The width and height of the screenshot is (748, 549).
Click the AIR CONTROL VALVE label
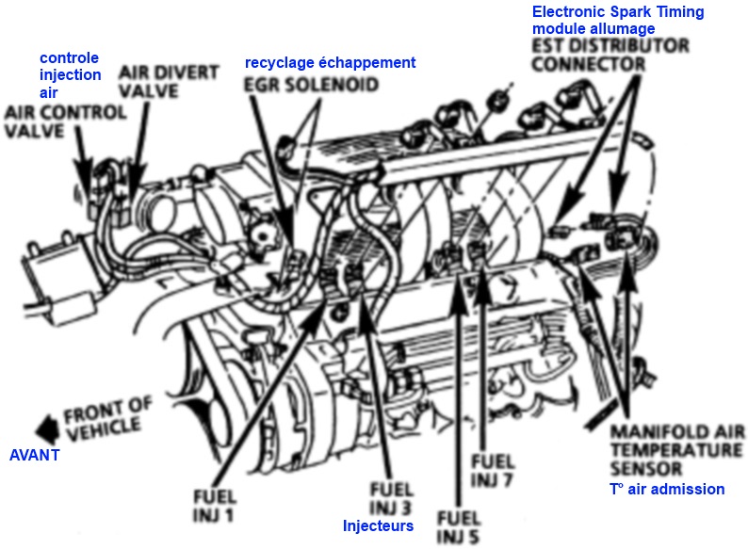click(65, 121)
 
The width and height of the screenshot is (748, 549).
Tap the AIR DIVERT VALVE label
click(169, 81)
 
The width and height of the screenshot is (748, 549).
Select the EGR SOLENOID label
click(312, 85)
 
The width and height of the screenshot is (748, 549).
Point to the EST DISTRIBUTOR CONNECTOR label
click(610, 55)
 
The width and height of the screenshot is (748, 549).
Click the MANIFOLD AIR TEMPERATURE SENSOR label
click(677, 450)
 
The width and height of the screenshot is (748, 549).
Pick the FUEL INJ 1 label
click(215, 506)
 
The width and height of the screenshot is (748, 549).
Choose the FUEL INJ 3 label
click(391, 498)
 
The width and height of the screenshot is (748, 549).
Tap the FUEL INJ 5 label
click(459, 527)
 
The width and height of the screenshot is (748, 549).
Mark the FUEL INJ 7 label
click(493, 470)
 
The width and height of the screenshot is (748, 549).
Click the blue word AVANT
click(34, 455)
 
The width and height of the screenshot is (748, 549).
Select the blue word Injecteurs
click(379, 525)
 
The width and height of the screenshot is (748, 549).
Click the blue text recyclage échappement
click(330, 62)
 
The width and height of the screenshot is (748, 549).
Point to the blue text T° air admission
click(667, 489)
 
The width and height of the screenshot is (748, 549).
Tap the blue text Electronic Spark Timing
click(618, 11)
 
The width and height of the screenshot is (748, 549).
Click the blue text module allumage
click(594, 28)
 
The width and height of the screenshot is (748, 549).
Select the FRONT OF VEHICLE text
click(108, 419)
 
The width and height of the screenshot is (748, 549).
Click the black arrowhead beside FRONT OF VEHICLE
click(48, 428)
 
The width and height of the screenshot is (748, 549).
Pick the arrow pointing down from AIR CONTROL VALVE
click(84, 160)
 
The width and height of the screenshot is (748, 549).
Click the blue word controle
click(69, 57)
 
